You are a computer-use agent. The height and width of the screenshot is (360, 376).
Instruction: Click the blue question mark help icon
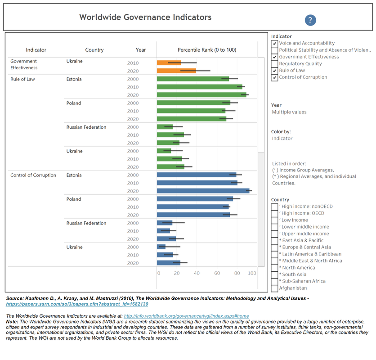click(310, 20)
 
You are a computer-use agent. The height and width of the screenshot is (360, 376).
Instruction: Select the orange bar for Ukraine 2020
click(176, 71)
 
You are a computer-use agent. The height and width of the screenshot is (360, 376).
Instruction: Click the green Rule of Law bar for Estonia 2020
click(201, 95)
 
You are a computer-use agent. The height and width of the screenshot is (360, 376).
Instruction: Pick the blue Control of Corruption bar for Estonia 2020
click(203, 191)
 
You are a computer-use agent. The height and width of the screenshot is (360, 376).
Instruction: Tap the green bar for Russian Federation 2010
click(170, 135)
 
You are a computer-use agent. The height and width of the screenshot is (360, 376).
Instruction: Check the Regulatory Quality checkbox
click(274, 63)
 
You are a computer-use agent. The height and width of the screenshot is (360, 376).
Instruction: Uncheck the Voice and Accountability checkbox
click(274, 43)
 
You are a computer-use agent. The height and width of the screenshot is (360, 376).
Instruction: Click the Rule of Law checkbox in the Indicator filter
click(274, 70)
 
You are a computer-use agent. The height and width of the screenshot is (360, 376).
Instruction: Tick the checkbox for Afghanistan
click(274, 288)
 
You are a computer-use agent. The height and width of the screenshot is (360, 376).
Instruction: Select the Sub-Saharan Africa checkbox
click(274, 281)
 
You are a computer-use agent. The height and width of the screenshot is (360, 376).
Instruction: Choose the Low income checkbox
click(274, 220)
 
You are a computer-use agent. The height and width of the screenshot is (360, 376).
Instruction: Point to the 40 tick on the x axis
click(197, 273)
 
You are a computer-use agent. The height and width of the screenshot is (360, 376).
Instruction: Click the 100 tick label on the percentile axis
click(252, 273)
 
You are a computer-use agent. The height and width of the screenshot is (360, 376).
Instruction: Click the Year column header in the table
click(141, 50)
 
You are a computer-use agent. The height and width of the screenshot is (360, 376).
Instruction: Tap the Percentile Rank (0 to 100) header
click(206, 50)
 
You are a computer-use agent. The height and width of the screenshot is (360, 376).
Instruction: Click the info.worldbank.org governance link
click(186, 316)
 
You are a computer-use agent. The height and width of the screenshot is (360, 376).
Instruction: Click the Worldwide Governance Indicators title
click(145, 18)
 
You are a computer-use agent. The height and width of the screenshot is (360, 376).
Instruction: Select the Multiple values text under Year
click(289, 112)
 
